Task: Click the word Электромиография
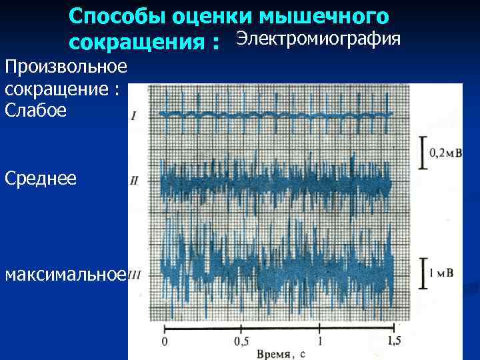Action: tap(319, 39)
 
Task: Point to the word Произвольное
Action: tap(65, 67)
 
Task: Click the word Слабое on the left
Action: tap(35, 111)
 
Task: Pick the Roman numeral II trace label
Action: tap(134, 181)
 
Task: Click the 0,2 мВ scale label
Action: tap(445, 153)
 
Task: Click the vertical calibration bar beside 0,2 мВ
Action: tap(422, 153)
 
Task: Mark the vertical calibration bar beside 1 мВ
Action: tap(422, 273)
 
